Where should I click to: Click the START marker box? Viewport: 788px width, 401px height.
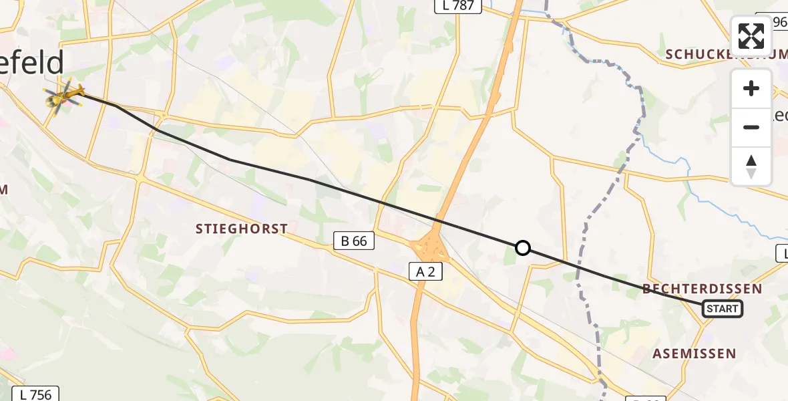tap(722, 309)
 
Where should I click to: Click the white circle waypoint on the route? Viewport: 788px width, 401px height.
tap(523, 249)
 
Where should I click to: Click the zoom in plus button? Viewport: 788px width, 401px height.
tap(751, 89)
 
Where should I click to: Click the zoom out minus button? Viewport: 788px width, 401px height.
tap(751, 127)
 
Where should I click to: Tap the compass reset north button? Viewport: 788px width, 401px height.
tap(751, 166)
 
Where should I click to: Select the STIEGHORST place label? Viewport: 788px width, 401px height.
tap(242, 229)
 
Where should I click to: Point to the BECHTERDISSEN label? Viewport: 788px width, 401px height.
tap(702, 289)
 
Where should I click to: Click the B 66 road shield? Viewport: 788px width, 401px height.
tap(353, 241)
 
